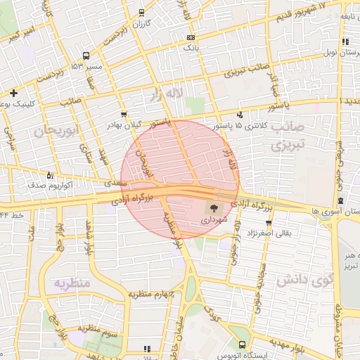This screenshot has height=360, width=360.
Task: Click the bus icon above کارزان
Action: [142, 13]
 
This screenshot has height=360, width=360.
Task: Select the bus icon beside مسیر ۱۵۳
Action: [86, 56]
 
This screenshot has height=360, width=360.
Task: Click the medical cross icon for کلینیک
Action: [14, 92]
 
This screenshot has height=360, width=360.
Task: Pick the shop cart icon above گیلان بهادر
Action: [124, 114]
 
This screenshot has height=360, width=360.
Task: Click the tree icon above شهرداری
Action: [211, 208]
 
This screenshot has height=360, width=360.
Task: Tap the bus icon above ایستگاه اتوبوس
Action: [243, 345]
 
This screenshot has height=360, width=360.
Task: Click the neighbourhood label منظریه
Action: [72, 283]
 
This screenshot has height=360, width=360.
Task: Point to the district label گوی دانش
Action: [303, 281]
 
